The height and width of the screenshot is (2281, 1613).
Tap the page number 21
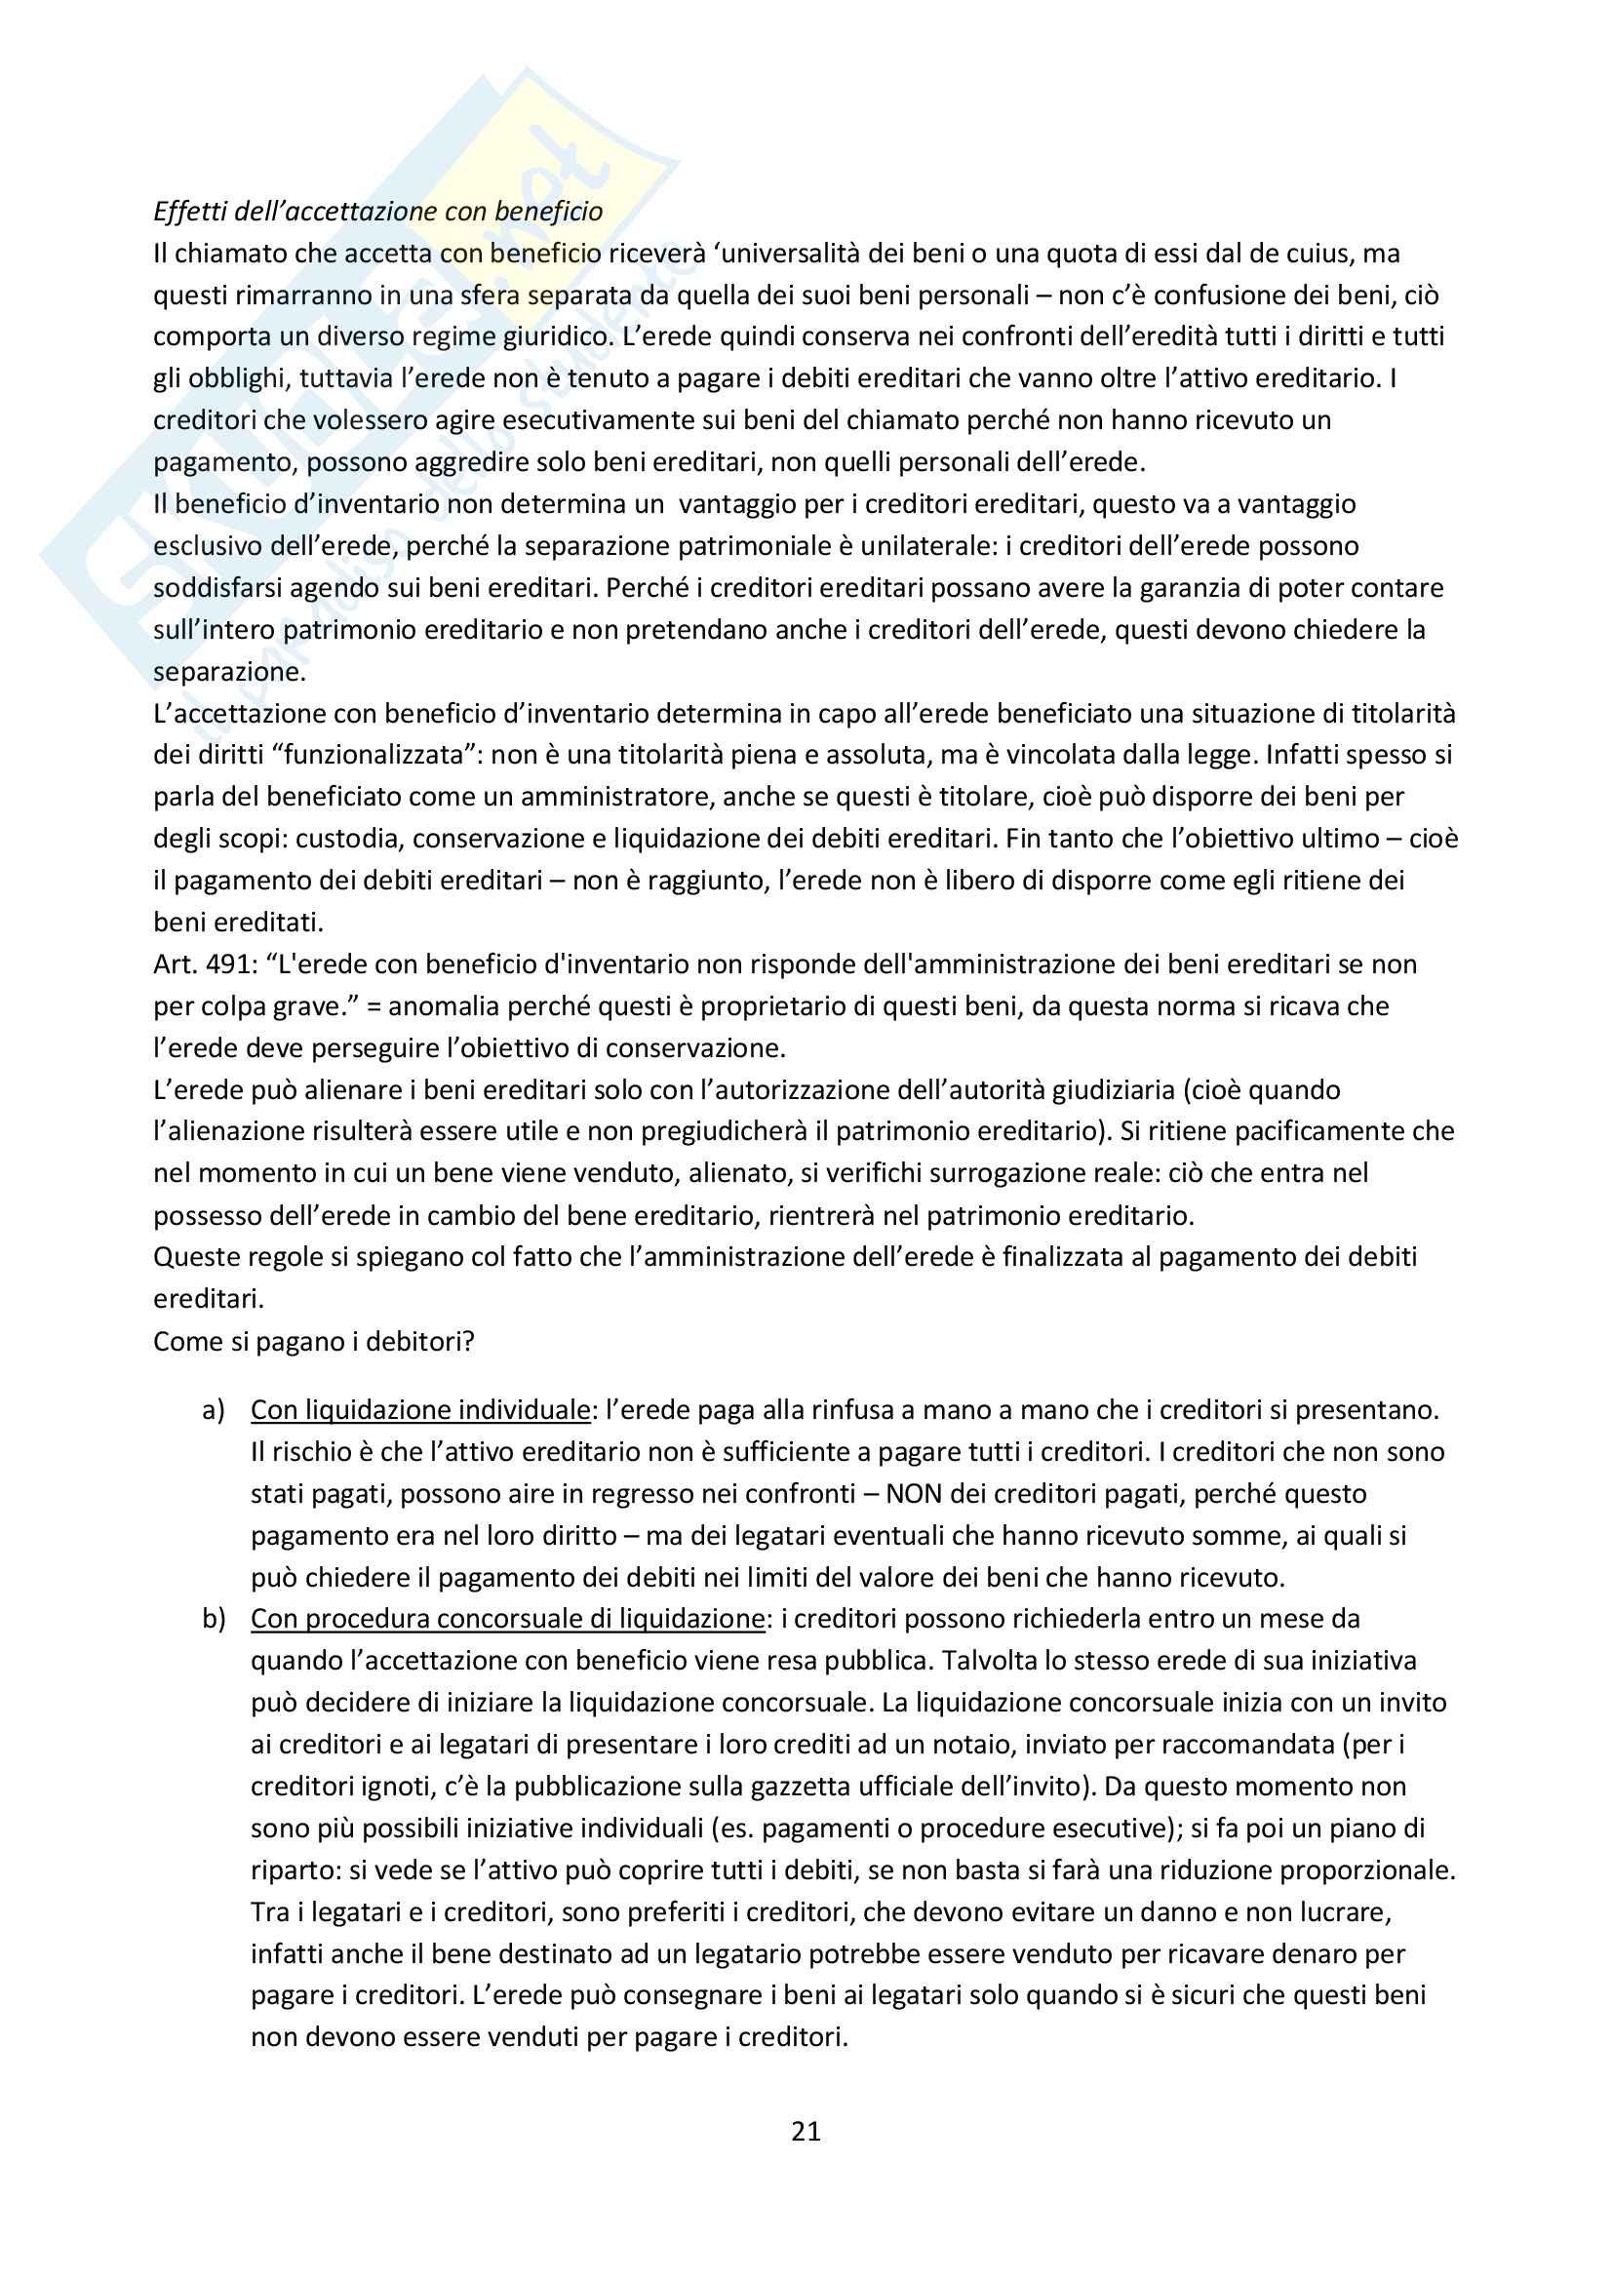point(806,2130)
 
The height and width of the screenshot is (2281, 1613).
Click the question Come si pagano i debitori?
point(314,1341)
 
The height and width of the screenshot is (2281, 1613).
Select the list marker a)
point(214,1411)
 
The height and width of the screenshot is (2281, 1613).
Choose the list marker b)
point(214,1620)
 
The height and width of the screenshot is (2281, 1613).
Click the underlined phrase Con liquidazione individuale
point(420,1411)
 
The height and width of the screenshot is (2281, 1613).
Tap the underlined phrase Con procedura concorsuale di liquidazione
point(507,1620)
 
